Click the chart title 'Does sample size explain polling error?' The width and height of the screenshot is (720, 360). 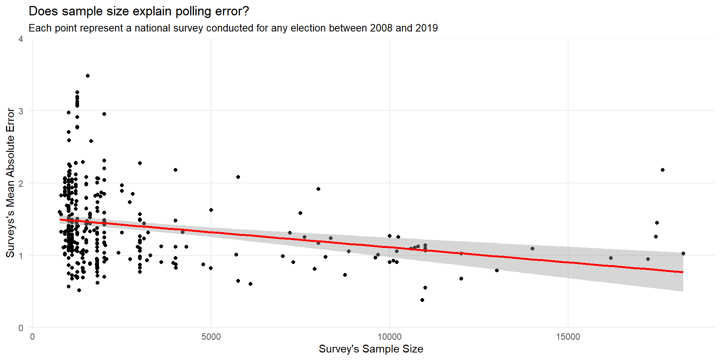(x=139, y=11)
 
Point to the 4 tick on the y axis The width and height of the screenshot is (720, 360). (x=21, y=39)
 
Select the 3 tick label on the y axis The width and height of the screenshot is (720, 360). (x=21, y=111)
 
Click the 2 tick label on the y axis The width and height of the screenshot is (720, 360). (x=21, y=183)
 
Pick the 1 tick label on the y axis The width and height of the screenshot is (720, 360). (x=21, y=256)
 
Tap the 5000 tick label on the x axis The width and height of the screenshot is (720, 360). (x=211, y=337)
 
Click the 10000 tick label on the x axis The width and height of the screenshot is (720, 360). (x=389, y=337)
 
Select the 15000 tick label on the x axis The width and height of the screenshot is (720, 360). (x=568, y=337)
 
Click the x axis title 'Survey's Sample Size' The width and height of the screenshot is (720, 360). (x=371, y=349)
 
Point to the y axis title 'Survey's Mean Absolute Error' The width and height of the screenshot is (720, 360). (x=10, y=183)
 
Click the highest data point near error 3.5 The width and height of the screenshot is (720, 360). (x=88, y=76)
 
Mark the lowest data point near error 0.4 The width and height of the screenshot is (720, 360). (x=422, y=300)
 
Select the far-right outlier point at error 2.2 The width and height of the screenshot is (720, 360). (x=663, y=170)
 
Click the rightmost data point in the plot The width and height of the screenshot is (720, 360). (x=683, y=253)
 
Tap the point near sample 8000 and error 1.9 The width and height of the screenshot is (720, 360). (x=318, y=189)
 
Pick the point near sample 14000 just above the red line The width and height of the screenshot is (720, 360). (x=532, y=249)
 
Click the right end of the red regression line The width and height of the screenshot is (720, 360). (x=683, y=272)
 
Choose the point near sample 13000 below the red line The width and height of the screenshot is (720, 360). (x=497, y=270)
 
